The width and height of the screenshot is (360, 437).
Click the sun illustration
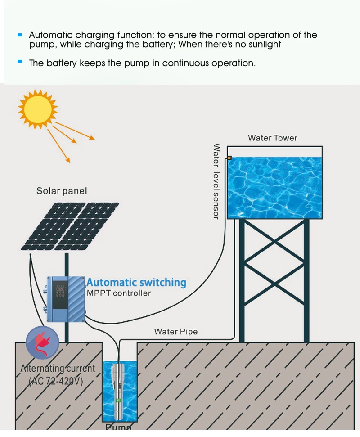tap(38, 109)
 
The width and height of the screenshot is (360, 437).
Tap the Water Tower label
tap(272, 138)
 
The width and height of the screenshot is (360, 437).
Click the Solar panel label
tap(62, 191)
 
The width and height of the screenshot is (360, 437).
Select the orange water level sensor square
tap(229, 158)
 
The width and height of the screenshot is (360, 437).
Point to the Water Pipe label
tap(175, 332)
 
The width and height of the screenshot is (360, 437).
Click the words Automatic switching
tap(136, 283)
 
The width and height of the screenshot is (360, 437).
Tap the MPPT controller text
tap(118, 293)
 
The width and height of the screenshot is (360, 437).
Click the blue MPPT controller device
tap(66, 298)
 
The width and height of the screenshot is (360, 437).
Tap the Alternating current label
tap(58, 369)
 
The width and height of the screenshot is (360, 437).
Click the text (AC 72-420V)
tap(56, 381)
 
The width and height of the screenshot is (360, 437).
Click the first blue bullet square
tap(20, 35)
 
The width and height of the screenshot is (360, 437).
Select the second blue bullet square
tap(20, 61)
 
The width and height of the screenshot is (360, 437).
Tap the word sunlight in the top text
tap(262, 45)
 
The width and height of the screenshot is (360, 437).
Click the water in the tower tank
tap(274, 187)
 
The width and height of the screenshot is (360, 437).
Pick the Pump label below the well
tap(118, 427)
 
